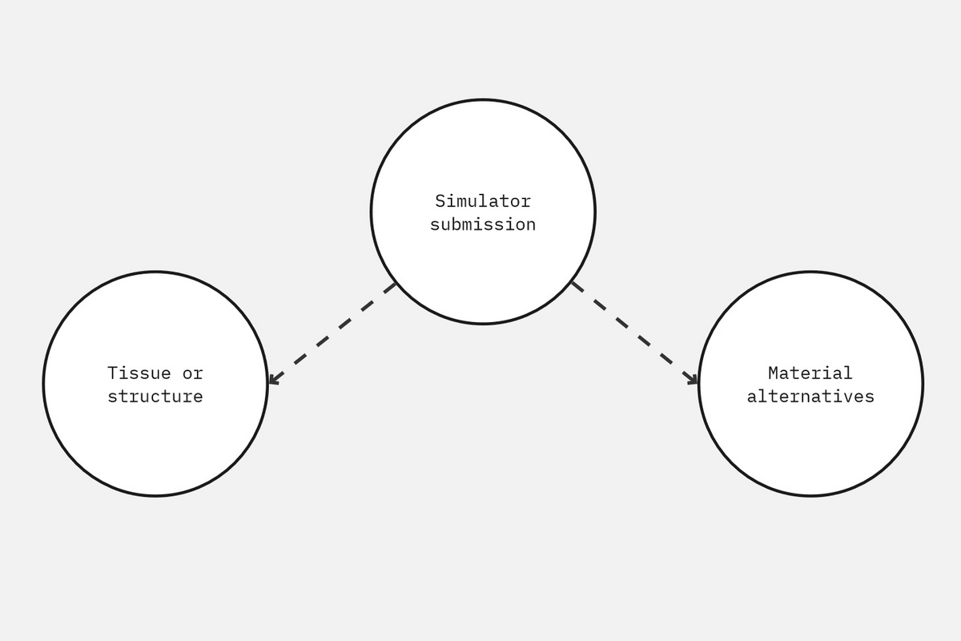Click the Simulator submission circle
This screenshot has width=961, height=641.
click(483, 212)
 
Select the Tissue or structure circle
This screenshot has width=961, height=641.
click(155, 384)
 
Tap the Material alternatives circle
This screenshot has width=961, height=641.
click(810, 384)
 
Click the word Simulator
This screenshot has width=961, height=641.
click(483, 201)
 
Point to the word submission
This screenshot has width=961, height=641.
click(483, 224)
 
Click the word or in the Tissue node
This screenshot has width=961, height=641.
click(193, 374)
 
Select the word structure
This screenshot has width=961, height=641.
click(155, 397)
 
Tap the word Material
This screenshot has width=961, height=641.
click(810, 373)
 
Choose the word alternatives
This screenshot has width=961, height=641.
click(810, 397)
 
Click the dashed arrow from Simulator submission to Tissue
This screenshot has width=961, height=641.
click(332, 333)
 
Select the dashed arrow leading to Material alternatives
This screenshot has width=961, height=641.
click(634, 333)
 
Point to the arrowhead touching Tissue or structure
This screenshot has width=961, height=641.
click(273, 380)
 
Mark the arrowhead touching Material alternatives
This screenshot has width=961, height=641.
click(693, 380)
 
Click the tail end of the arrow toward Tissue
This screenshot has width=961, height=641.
click(396, 284)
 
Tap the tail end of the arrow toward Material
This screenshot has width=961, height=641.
click(572, 282)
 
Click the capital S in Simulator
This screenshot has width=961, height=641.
click(440, 201)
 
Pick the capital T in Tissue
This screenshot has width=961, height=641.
click(113, 373)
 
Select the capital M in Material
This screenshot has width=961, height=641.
click(774, 373)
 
